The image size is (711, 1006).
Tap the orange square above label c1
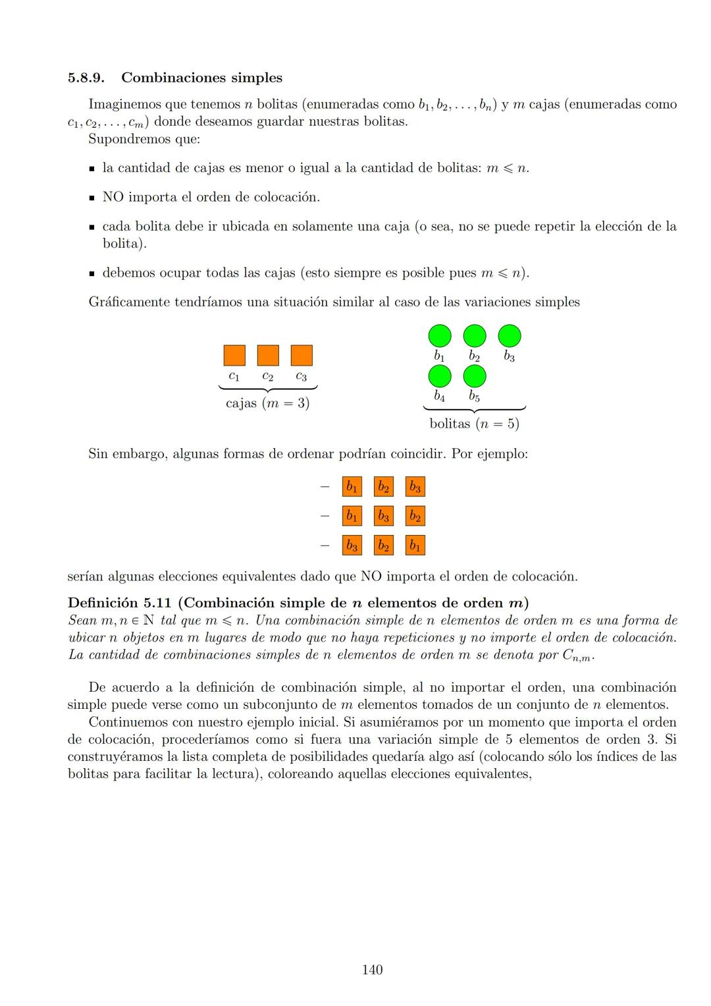click(x=234, y=355)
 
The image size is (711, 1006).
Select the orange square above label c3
click(x=302, y=355)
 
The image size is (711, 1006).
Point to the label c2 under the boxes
click(x=267, y=376)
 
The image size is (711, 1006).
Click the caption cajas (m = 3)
click(x=267, y=403)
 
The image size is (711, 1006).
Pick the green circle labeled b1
click(x=440, y=335)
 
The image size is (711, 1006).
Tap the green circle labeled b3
click(x=510, y=335)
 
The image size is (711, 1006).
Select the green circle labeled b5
click(x=475, y=376)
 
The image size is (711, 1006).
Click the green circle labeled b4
click(x=440, y=376)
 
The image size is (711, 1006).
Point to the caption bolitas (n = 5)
click(x=474, y=424)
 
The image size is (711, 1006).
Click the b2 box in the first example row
click(x=383, y=487)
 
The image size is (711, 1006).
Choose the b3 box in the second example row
click(x=383, y=516)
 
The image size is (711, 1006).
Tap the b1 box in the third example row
click(x=415, y=545)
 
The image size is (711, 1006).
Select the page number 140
click(x=372, y=970)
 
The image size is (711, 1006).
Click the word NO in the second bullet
click(x=113, y=197)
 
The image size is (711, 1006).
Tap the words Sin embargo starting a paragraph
click(x=125, y=454)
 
